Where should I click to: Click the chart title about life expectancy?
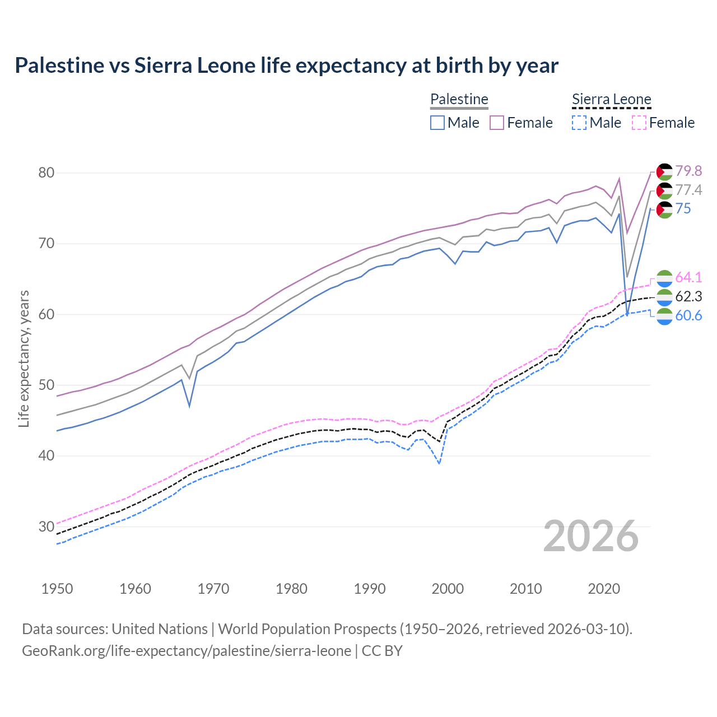point(286,66)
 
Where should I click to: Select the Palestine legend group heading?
point(459,99)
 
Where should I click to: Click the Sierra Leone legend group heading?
point(611,99)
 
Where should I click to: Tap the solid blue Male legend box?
point(437,123)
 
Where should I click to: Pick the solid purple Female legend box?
point(497,123)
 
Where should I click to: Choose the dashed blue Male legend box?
point(579,123)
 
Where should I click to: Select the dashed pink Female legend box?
point(639,123)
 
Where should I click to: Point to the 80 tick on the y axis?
point(46,173)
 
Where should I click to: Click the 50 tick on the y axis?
point(46,385)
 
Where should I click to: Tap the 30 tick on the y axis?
point(46,527)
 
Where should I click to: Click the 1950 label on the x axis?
point(57,589)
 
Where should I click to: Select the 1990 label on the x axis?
point(370,589)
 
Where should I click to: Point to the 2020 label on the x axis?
point(604,589)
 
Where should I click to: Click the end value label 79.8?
point(688,171)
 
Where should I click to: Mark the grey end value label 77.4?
point(688,190)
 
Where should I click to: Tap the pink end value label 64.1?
point(688,277)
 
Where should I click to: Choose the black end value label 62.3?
point(688,296)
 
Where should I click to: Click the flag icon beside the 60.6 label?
point(664,316)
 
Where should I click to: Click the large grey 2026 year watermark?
point(590,536)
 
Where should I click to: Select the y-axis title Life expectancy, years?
point(24,358)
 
